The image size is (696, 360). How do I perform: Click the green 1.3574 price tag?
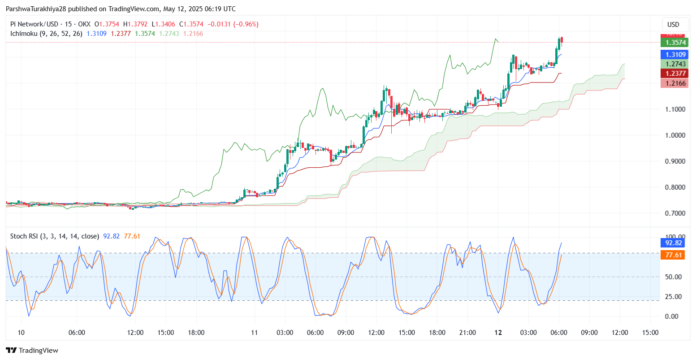coord(674,43)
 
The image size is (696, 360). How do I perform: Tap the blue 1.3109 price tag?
coord(674,55)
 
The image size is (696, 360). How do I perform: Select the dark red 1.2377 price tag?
coord(674,74)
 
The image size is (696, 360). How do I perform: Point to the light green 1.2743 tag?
coord(674,64)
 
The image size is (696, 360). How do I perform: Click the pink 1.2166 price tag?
coord(674,83)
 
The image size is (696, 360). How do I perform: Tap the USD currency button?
coord(673,25)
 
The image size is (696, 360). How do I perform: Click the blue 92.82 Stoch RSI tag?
coord(674,243)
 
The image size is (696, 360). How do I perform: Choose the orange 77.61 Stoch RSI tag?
coord(674,255)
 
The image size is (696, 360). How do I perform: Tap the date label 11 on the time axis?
coord(255,333)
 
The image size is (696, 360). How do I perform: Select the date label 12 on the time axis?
coord(498,333)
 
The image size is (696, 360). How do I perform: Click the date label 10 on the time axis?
coord(21,333)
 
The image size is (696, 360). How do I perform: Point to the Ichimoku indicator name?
coord(25,34)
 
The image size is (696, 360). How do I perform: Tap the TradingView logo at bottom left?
coord(32,351)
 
